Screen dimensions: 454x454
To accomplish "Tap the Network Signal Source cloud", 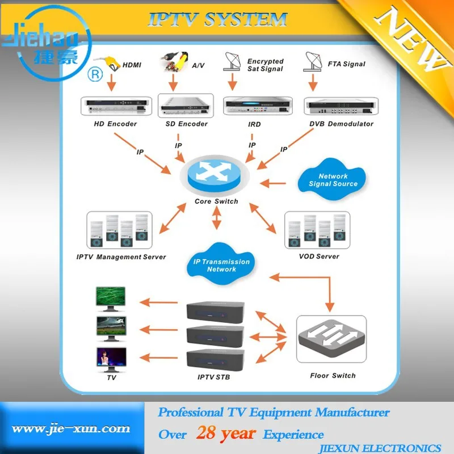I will [x=333, y=180].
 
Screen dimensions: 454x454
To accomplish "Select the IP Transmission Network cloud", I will [x=221, y=264].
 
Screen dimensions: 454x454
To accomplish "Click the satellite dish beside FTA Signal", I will [x=312, y=62].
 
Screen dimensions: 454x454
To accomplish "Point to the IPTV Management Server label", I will [x=121, y=257].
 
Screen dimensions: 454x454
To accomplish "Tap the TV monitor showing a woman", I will [x=111, y=358].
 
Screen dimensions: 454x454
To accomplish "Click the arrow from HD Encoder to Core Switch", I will [x=141, y=152].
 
